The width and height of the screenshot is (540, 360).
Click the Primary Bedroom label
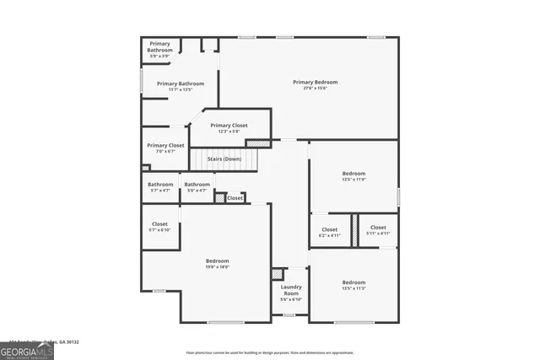click(x=315, y=82)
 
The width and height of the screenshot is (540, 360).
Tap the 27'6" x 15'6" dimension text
click(x=315, y=89)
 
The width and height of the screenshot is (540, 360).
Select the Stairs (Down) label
click(x=224, y=159)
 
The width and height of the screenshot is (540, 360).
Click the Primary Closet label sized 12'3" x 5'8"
click(x=229, y=126)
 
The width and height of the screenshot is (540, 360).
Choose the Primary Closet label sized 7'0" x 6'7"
click(x=165, y=145)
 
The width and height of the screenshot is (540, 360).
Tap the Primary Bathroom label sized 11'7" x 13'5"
click(x=180, y=83)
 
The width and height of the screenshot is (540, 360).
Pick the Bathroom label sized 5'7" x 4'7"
click(x=160, y=185)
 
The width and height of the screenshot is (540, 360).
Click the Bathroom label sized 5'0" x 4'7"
click(x=197, y=185)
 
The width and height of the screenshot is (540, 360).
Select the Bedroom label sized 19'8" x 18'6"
click(x=217, y=261)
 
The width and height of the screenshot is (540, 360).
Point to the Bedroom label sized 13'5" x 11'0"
click(x=354, y=175)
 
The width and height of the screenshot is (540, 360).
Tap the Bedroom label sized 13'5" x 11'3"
click(x=354, y=282)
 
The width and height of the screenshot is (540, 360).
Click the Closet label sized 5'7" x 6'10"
click(x=159, y=224)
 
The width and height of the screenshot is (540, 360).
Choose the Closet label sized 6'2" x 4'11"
click(x=329, y=229)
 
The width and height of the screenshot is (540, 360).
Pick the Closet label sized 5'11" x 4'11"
click(x=377, y=228)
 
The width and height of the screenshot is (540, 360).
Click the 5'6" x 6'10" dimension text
click(x=291, y=299)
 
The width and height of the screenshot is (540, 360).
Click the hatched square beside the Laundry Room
click(x=277, y=275)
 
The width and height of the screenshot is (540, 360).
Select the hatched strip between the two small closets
click(x=355, y=229)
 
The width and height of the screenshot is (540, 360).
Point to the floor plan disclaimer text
click(x=271, y=352)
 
